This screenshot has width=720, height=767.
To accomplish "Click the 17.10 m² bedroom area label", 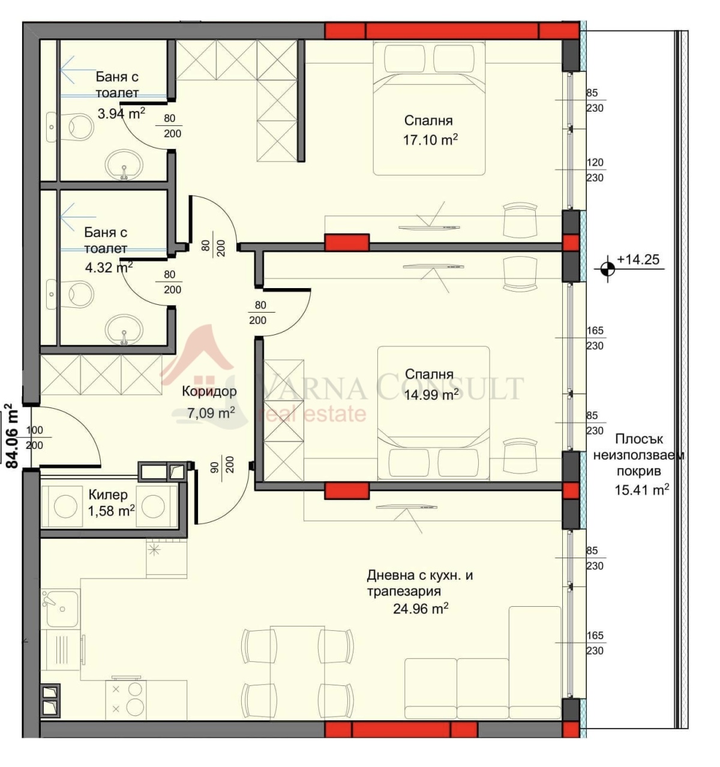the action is click(430, 140).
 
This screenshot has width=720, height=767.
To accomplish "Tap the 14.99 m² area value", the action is click(431, 394).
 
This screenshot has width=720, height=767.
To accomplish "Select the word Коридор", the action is click(209, 392).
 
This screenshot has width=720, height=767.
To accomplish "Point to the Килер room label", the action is click(108, 495).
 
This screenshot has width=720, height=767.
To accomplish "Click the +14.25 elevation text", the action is click(638, 259).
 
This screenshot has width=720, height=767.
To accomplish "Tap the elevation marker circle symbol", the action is click(608, 268).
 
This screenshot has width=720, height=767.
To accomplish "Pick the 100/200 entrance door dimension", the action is click(34, 438).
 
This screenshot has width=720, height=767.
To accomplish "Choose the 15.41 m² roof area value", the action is click(642, 490).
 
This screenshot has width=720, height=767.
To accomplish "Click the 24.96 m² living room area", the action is click(421, 609).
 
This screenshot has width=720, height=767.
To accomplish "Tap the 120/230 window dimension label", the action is click(595, 170).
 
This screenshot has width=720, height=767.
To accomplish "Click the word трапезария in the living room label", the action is click(404, 591).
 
